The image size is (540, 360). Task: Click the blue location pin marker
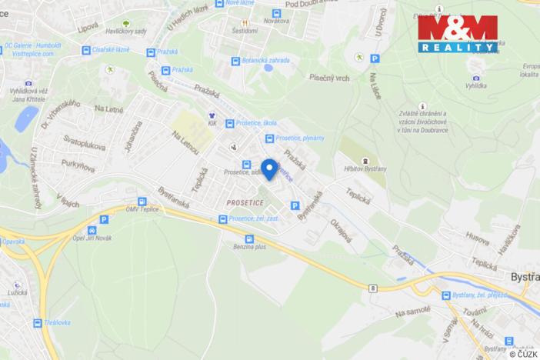269,168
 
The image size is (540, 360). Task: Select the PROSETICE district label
245,202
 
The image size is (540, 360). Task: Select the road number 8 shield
372,288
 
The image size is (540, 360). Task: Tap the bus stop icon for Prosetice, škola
230,123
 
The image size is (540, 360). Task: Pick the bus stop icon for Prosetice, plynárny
269,138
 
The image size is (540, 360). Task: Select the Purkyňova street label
82,165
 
